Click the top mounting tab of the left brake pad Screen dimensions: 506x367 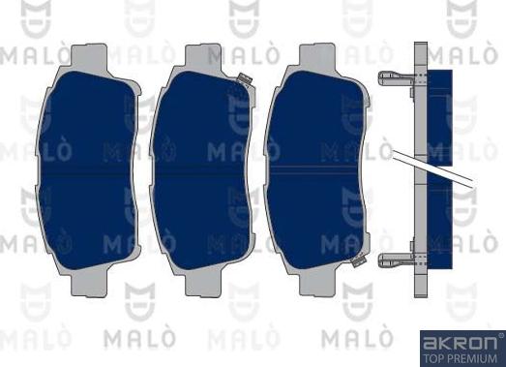89,55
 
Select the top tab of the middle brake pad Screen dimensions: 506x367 203,55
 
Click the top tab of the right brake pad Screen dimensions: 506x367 317,55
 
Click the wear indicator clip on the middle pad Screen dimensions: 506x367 244,79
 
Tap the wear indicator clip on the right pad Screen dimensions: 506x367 358,260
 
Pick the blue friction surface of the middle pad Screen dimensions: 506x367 202,170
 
